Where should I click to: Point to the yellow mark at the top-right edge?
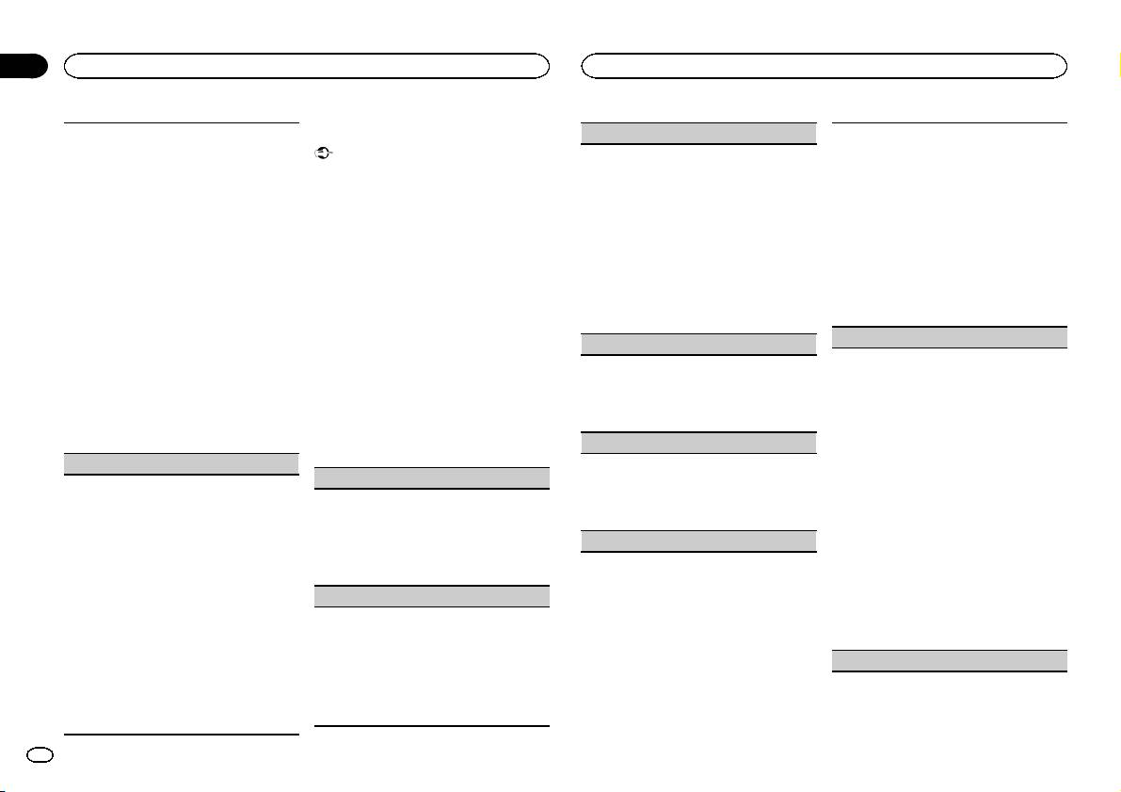1117,66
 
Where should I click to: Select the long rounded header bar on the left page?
306,65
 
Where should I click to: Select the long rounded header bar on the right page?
825,65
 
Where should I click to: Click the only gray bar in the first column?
175,462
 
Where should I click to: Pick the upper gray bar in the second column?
431,477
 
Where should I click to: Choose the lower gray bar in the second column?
431,595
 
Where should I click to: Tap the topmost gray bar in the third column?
697,132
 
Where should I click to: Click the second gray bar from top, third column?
697,344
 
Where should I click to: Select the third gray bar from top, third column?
697,443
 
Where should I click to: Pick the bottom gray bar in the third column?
697,541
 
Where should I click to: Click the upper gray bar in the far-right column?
951,337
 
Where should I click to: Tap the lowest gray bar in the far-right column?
951,660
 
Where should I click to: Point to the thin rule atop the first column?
175,121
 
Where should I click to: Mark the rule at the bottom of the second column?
431,726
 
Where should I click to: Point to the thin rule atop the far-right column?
951,121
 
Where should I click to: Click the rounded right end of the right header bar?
1061,65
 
